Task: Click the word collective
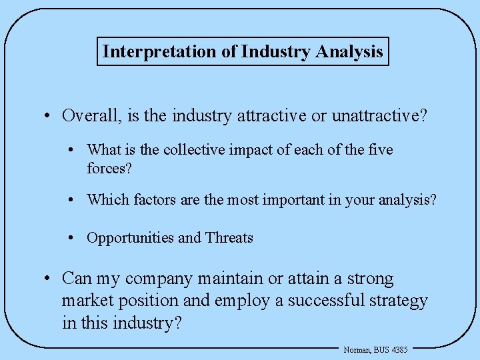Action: pyautogui.click(x=195, y=149)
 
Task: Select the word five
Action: pyautogui.click(x=379, y=149)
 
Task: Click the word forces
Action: pyautogui.click(x=109, y=168)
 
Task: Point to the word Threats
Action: pyautogui.click(x=229, y=238)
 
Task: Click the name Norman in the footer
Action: pyautogui.click(x=357, y=349)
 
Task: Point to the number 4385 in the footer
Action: pyautogui.click(x=399, y=349)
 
